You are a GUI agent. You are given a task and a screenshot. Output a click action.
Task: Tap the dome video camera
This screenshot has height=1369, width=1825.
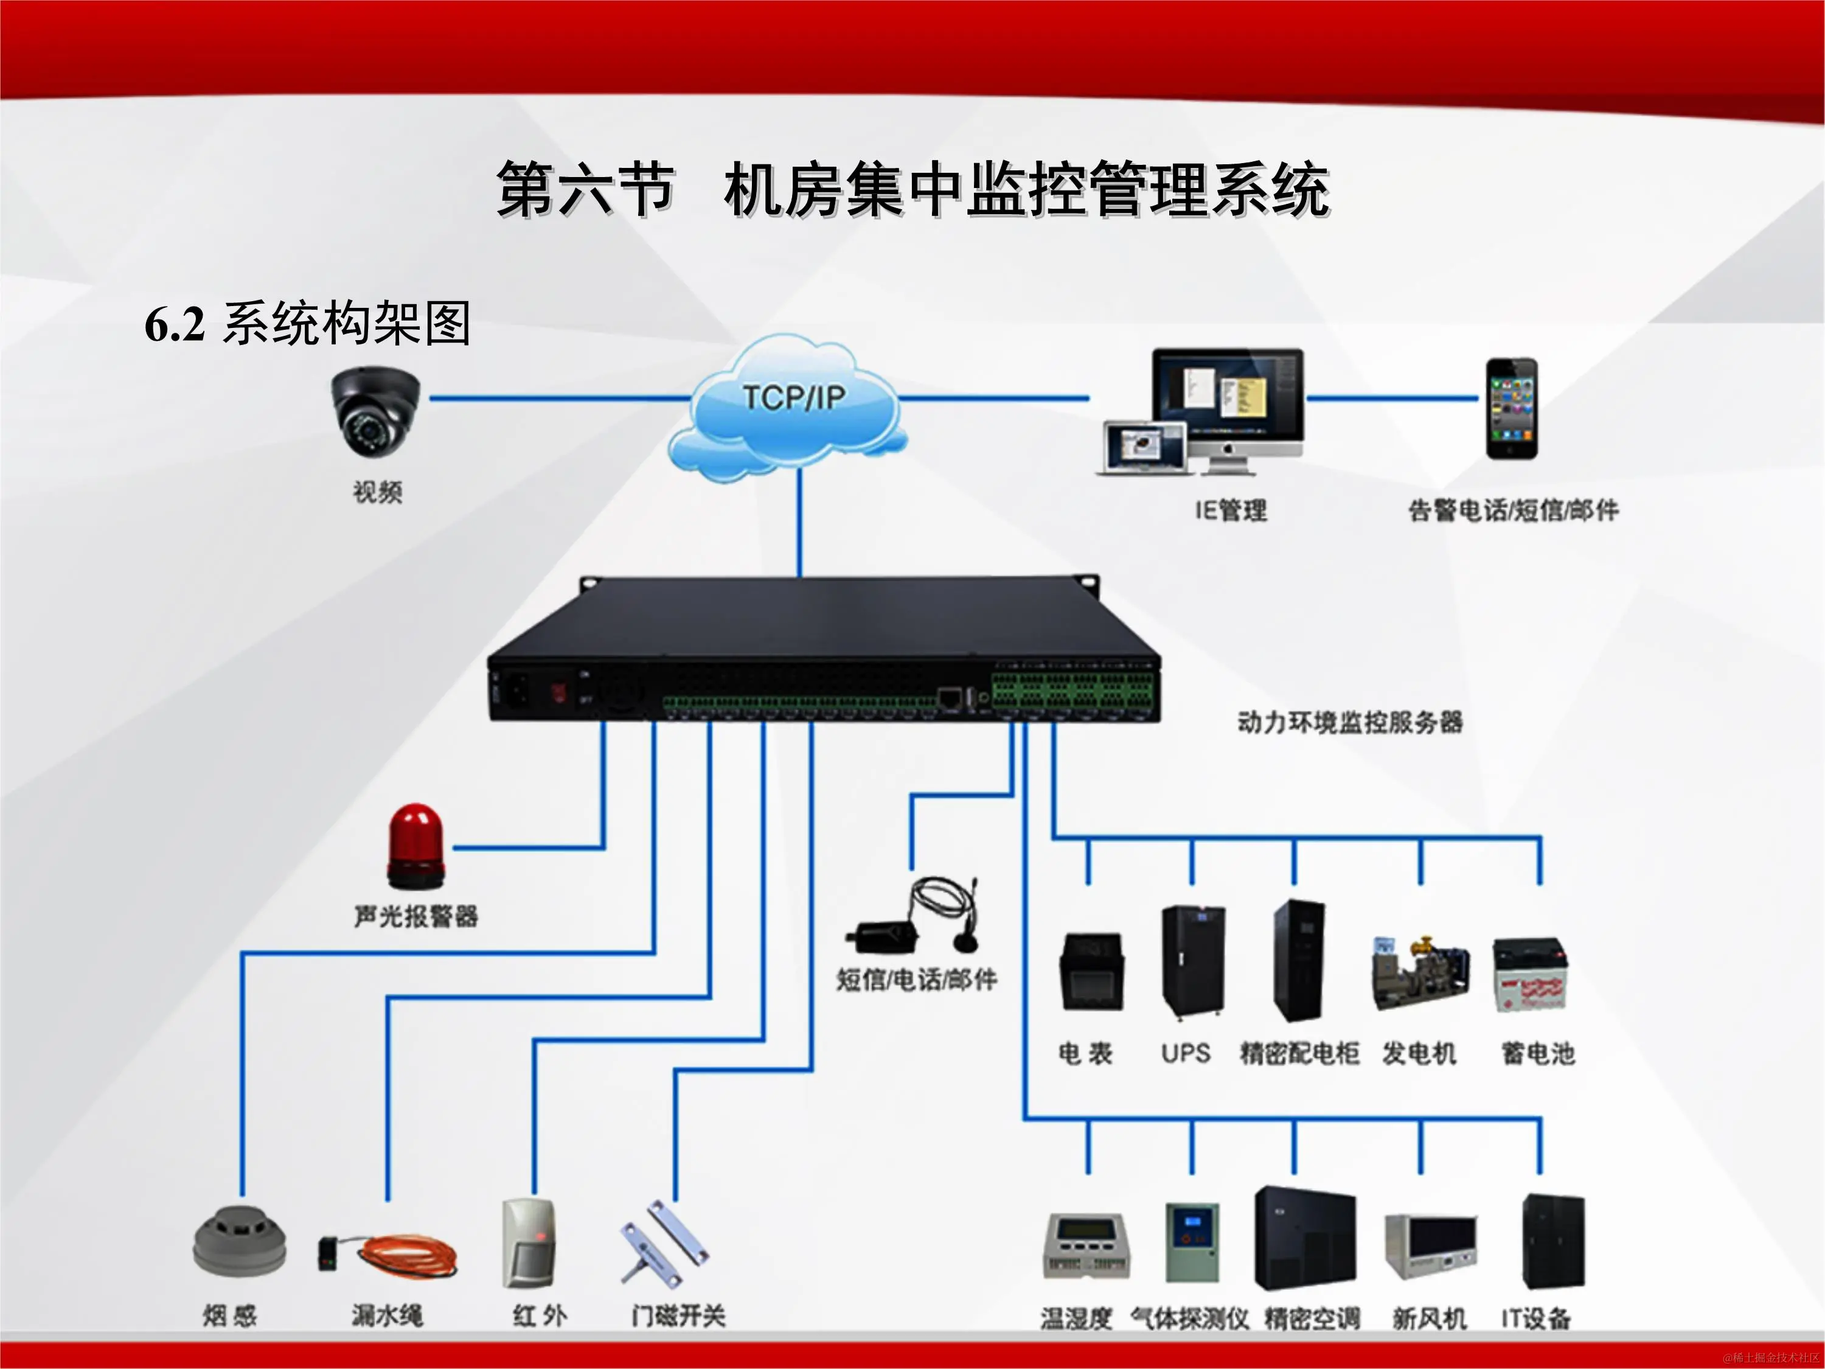(376, 410)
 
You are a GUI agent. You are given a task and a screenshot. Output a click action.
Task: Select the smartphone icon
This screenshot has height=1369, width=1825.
(1512, 408)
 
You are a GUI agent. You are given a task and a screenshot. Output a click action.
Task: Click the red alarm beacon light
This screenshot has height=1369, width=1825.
(416, 847)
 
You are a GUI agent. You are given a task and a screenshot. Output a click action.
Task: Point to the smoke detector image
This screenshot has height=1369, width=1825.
(239, 1242)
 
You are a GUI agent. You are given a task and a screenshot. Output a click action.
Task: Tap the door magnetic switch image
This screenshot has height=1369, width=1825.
(665, 1242)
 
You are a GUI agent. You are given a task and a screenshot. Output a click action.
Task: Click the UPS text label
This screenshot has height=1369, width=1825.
(1186, 1054)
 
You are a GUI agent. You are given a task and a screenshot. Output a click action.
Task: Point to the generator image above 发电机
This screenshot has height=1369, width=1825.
(1420, 974)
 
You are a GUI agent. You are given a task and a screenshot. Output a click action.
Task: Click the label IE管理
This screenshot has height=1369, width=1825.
(1231, 511)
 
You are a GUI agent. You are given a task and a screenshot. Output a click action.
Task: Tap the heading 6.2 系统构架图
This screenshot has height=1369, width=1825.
(307, 324)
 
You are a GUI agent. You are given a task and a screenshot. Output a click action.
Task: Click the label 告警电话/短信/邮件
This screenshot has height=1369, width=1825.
(1513, 511)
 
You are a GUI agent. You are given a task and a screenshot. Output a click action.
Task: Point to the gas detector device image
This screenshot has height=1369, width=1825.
(1191, 1242)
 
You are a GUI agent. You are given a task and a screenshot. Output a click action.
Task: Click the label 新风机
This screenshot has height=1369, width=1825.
(1429, 1318)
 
